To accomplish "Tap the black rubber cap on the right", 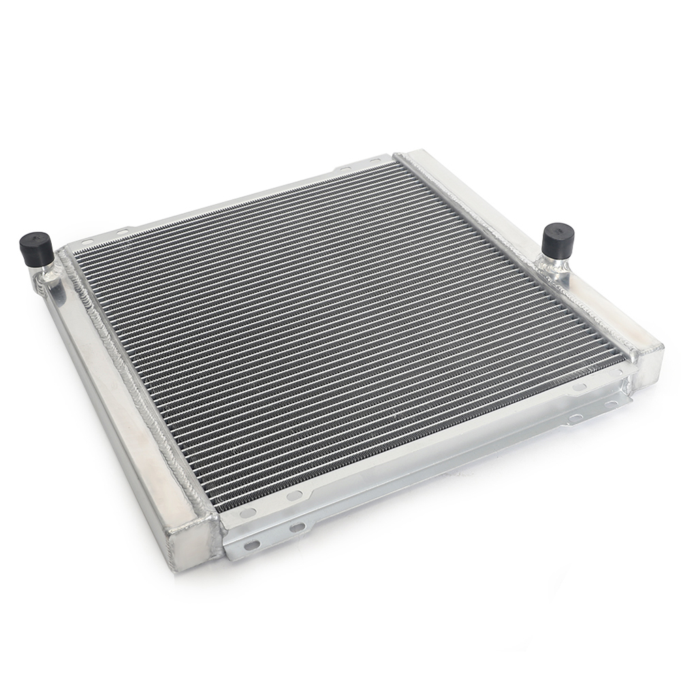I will [x=558, y=239].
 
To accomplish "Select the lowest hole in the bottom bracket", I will [x=252, y=545].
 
